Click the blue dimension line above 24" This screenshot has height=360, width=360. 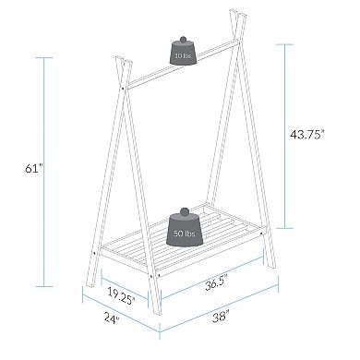(120, 314)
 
